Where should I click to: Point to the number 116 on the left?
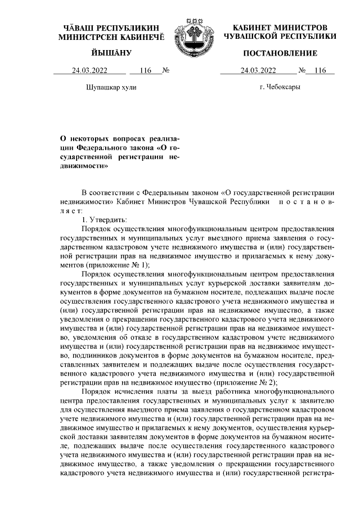[145, 71]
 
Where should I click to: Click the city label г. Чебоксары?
[280, 87]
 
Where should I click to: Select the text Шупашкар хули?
[111, 88]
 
